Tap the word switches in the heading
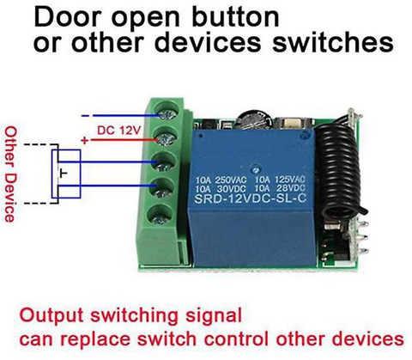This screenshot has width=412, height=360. click(333, 42)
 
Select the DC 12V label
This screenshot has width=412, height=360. click(118, 131)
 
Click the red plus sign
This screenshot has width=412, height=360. click(85, 141)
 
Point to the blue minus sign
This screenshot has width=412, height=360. click(85, 116)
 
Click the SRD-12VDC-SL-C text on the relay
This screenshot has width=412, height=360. click(251, 198)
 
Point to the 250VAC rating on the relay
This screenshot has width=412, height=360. click(230, 180)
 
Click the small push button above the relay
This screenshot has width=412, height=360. click(293, 124)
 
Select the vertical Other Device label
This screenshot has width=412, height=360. click(10, 174)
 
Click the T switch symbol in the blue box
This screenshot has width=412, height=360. click(64, 174)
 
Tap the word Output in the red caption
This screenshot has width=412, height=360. click(51, 316)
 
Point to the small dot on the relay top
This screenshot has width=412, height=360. click(255, 168)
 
